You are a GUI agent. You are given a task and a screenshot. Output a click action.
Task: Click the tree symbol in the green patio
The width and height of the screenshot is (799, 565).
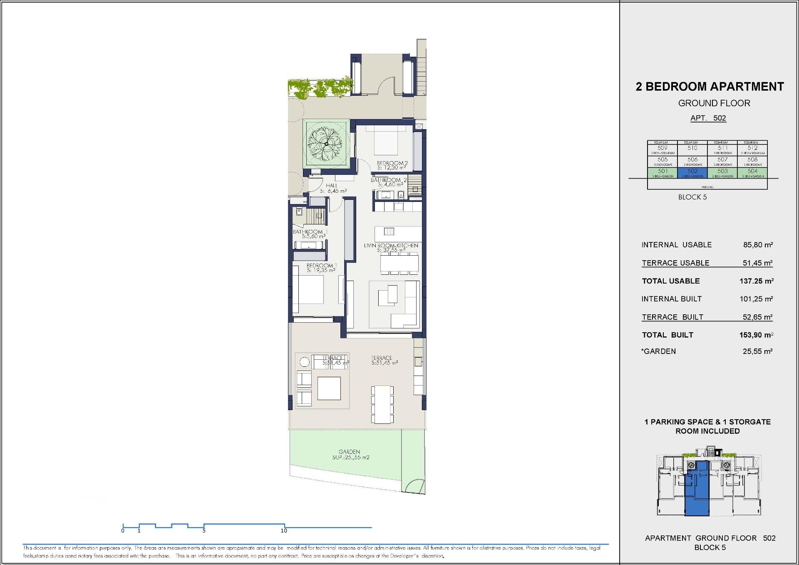326,144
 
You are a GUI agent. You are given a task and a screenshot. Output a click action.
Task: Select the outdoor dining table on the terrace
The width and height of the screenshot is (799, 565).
382,404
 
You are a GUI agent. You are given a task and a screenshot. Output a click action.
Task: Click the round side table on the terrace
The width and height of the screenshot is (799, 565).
305,362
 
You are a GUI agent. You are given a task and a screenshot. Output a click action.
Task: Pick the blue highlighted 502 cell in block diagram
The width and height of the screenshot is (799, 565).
692,172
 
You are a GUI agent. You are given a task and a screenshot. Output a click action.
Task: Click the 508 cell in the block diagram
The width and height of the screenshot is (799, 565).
752,161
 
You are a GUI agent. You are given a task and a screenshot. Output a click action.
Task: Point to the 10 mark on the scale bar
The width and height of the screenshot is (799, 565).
284,530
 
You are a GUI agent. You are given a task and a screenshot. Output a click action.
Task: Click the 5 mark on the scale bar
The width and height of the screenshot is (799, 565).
204,530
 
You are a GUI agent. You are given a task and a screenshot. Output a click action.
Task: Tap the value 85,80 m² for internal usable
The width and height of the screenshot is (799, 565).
757,245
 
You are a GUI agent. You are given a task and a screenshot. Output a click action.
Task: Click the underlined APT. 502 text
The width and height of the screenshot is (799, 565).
708,118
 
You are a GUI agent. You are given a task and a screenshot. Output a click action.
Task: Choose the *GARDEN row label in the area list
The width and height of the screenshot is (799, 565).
659,351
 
